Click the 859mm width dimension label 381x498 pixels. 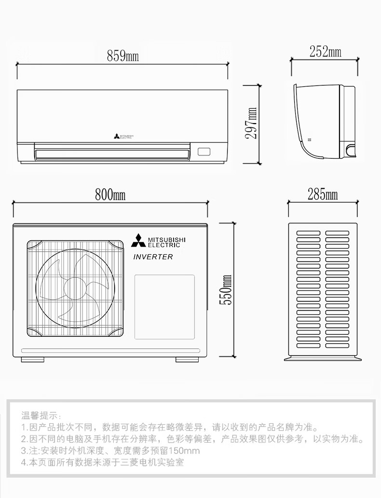pos(122,56)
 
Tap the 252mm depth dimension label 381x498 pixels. pos(325,51)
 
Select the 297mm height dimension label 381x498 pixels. pos(251,123)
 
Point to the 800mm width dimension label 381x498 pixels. pos(110,195)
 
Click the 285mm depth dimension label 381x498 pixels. pos(323,195)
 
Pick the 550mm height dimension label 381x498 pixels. pos(226,290)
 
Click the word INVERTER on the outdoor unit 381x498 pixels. pos(152,257)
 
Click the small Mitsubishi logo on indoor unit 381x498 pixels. pos(117,137)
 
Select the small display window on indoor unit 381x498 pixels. pos(204,151)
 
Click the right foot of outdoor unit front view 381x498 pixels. pos(186,360)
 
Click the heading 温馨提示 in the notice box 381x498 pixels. pos(40,415)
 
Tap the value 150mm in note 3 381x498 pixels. pos(185,451)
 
